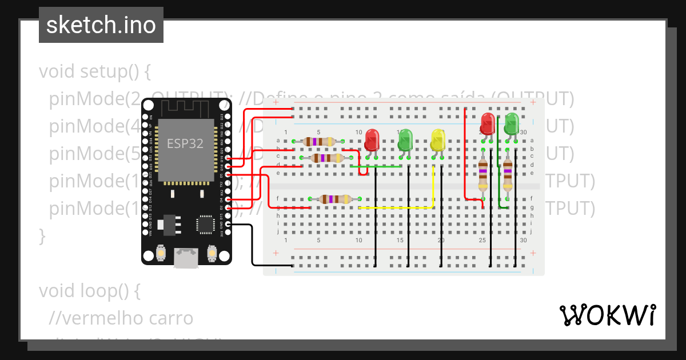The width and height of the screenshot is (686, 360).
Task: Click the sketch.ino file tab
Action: [x=101, y=25]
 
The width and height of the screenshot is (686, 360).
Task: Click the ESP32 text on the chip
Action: [x=185, y=143]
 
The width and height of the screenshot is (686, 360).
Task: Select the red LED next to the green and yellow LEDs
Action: [x=372, y=140]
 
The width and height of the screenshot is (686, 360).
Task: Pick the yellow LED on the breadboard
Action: [x=438, y=140]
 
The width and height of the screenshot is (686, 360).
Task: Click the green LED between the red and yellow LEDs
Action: [x=405, y=140]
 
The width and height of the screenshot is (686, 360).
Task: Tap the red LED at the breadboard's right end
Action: [x=488, y=123]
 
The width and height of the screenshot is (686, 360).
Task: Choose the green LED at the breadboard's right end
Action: [x=511, y=123]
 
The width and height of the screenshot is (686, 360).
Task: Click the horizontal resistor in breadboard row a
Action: [x=319, y=141]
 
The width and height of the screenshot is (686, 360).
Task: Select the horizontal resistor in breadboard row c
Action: [x=327, y=158]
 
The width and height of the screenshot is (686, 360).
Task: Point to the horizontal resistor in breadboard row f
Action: [x=335, y=199]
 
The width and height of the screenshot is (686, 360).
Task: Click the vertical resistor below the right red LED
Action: [x=484, y=174]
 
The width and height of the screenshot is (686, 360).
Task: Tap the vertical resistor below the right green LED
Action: [x=508, y=174]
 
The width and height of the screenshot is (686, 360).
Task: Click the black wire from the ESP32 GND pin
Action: [x=252, y=246]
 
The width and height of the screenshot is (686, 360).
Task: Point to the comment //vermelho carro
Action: [x=121, y=318]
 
